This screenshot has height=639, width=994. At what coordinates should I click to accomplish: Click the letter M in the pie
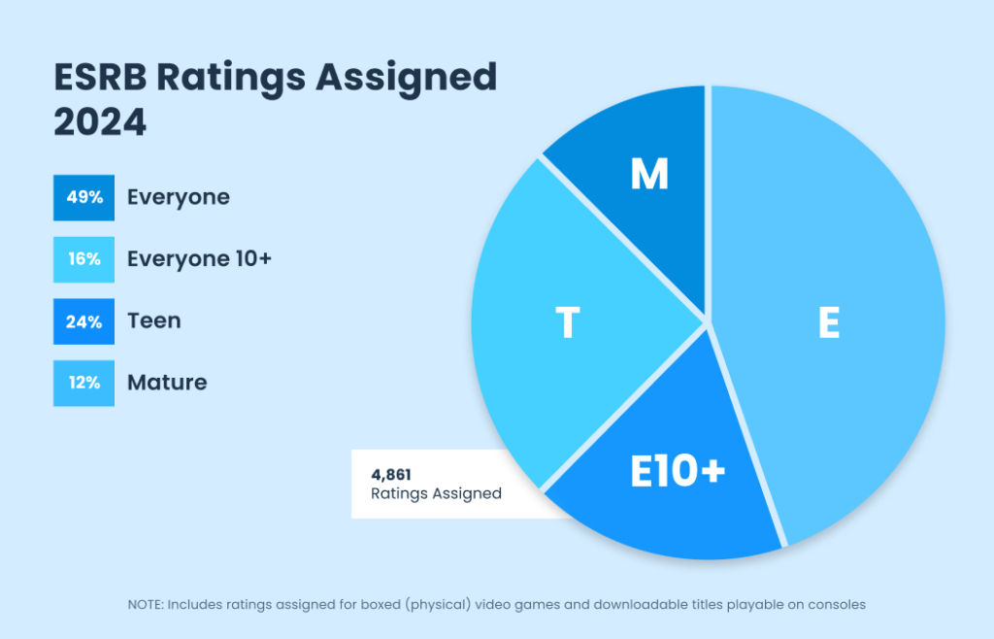point(649,175)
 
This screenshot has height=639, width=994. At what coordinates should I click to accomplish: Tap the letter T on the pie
point(567,324)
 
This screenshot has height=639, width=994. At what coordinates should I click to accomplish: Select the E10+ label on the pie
point(677,473)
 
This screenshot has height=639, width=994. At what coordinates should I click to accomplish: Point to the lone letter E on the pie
point(828,324)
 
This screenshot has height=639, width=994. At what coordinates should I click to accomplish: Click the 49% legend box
point(84,197)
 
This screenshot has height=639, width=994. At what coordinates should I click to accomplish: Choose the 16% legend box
point(84,259)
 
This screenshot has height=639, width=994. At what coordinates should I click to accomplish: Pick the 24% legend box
point(84,321)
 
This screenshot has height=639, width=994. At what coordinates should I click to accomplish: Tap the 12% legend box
point(84,383)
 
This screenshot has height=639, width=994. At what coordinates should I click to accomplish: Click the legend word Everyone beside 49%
point(179,197)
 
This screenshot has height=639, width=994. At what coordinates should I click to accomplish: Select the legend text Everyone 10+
point(199,259)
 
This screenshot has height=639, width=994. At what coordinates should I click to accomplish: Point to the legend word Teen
point(154,321)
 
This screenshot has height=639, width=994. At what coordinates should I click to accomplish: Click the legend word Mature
point(167,383)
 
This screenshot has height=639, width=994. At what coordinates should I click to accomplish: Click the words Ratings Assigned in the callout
point(436,493)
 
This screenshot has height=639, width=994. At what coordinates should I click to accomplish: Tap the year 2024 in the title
point(100,123)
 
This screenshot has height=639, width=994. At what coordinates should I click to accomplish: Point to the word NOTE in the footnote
point(145,604)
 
